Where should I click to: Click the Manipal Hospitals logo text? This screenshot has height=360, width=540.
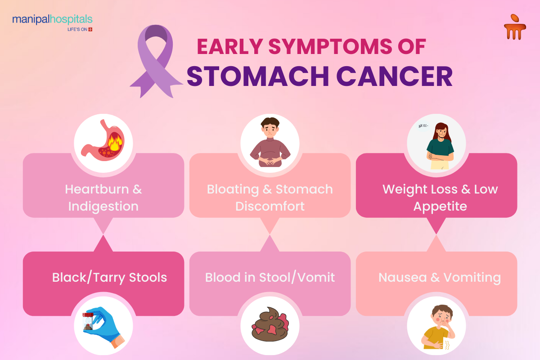pyautogui.click(x=52, y=19)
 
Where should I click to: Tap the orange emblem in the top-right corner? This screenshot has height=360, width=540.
pyautogui.click(x=515, y=27)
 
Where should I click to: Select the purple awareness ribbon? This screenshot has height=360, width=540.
pyautogui.click(x=156, y=61)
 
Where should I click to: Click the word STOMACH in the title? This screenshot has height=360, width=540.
pyautogui.click(x=258, y=76)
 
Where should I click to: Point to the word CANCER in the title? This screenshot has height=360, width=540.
pyautogui.click(x=394, y=76)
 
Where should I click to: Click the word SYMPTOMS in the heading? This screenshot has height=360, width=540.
pyautogui.click(x=329, y=46)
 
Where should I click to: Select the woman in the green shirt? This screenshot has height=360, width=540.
pyautogui.click(x=440, y=146)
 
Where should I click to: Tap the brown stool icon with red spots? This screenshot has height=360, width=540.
pyautogui.click(x=270, y=324)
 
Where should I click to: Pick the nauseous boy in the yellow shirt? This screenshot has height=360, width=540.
pyautogui.click(x=437, y=327)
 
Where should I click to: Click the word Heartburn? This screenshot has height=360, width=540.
pyautogui.click(x=97, y=189)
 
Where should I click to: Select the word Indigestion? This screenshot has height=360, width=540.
pyautogui.click(x=103, y=207)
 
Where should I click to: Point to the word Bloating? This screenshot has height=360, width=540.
pyautogui.click(x=233, y=189)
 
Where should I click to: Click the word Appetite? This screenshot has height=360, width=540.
pyautogui.click(x=440, y=207)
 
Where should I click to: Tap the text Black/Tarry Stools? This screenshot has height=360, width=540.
pyautogui.click(x=109, y=277)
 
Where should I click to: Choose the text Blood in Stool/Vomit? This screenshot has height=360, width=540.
pyautogui.click(x=270, y=277)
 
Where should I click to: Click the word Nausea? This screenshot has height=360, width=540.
pyautogui.click(x=403, y=278)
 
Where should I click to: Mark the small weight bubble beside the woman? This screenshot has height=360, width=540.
pyautogui.click(x=423, y=126)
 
